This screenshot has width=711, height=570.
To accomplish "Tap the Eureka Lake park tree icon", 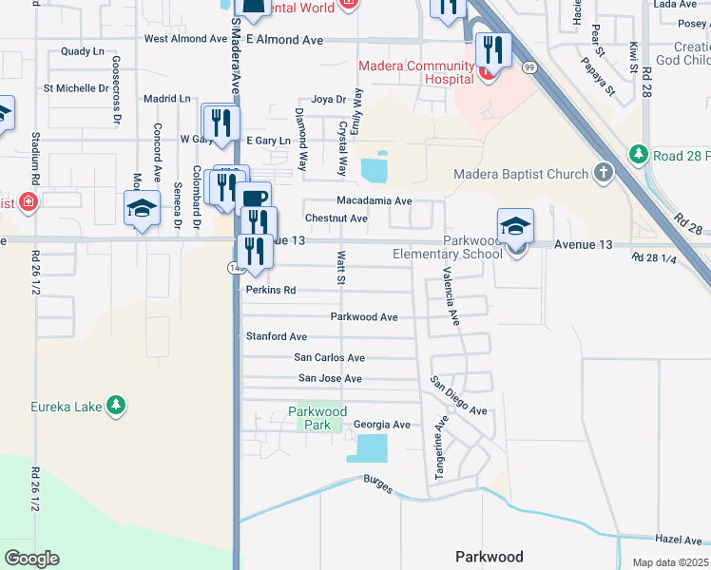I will click(x=116, y=406).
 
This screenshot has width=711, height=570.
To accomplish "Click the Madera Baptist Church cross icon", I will click(x=602, y=173).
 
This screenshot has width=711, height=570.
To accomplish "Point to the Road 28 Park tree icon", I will click(x=639, y=154).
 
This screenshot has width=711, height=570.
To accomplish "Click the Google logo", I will click(x=31, y=559).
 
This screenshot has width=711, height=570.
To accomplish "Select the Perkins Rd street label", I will click(x=271, y=290).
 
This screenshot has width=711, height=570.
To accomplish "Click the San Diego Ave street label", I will click(x=458, y=396).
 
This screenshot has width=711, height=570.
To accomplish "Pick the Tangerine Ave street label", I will click(x=442, y=452).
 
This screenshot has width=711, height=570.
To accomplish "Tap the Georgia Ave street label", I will click(x=381, y=425).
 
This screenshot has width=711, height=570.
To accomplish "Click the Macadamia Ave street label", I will click(x=375, y=200).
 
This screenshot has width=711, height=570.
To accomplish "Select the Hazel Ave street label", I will click(x=678, y=538).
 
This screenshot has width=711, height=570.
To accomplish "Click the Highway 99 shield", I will click(x=528, y=66).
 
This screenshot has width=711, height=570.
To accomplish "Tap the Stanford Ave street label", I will click(x=277, y=336).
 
